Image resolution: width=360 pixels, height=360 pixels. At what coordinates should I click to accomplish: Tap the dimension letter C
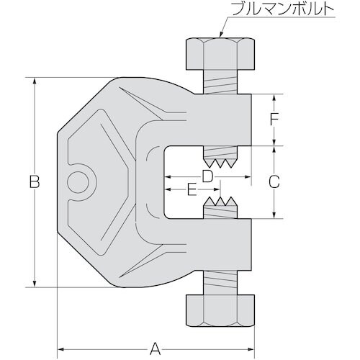click(x=274, y=182)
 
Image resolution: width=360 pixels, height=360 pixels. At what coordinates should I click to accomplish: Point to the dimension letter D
click(x=207, y=176)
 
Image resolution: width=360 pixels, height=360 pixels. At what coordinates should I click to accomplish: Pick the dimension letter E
click(x=192, y=190)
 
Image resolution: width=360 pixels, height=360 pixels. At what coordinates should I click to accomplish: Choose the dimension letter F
click(x=274, y=120)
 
